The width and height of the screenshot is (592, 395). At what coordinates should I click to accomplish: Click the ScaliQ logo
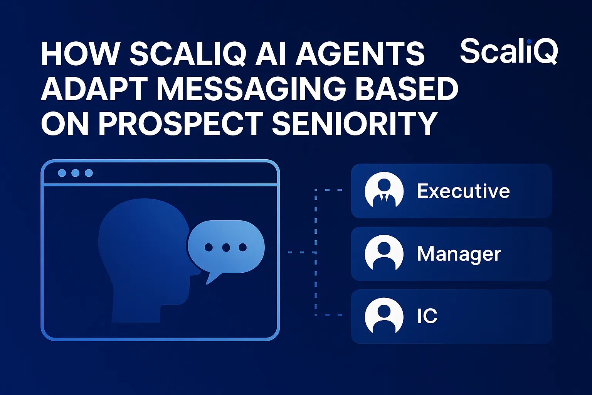pyautogui.click(x=509, y=51)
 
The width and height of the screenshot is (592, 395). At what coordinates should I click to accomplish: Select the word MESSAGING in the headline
pyautogui.click(x=251, y=89)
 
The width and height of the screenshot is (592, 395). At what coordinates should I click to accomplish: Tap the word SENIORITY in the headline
pyautogui.click(x=354, y=123)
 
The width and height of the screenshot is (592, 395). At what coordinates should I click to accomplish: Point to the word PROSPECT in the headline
pyautogui.click(x=181, y=123)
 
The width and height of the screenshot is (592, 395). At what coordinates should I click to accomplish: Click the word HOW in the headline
pyautogui.click(x=79, y=54)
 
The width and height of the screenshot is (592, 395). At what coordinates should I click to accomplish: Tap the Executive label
pyautogui.click(x=463, y=191)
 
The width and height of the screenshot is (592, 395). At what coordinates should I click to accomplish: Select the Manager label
pyautogui.click(x=459, y=254)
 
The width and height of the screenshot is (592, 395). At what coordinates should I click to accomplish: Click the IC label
pyautogui.click(x=427, y=316)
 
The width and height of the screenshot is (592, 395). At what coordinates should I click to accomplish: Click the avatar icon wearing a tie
pyautogui.click(x=384, y=191)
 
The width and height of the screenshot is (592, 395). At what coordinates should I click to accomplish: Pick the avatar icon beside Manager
pyautogui.click(x=384, y=254)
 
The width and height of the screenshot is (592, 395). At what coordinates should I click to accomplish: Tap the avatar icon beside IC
pyautogui.click(x=384, y=316)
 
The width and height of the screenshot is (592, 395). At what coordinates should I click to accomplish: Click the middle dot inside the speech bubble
pyautogui.click(x=226, y=247)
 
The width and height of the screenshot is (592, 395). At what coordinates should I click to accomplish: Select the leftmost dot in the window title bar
pyautogui.click(x=62, y=173)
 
